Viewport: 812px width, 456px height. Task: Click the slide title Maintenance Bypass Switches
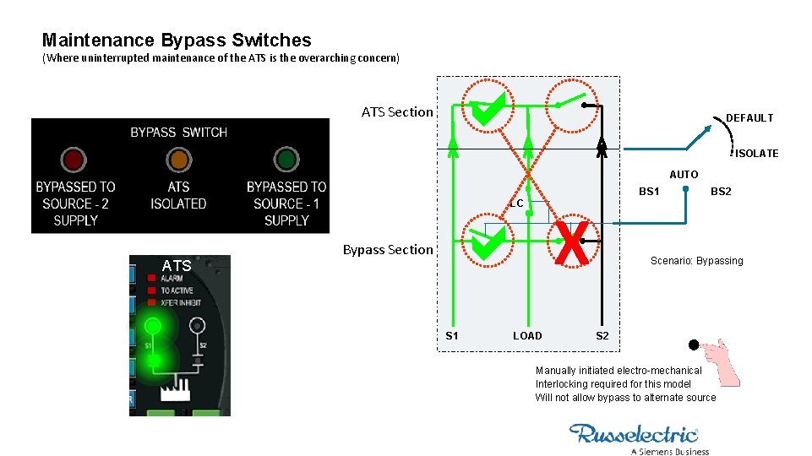tap(177, 41)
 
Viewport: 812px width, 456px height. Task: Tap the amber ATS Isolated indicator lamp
tap(178, 160)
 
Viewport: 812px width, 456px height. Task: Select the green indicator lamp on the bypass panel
tap(286, 160)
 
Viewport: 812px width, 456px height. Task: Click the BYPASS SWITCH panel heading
tap(178, 133)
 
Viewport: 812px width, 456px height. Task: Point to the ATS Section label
tap(397, 112)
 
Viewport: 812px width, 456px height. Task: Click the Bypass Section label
tap(388, 249)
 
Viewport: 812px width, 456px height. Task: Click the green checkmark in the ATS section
tap(488, 111)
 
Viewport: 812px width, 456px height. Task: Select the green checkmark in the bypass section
tap(488, 245)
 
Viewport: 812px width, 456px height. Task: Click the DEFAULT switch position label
tap(749, 118)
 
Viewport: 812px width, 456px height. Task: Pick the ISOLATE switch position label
tap(756, 154)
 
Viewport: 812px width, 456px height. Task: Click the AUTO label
tap(684, 175)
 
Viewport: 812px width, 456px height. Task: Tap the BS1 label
tap(649, 192)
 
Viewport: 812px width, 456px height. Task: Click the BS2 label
tap(721, 192)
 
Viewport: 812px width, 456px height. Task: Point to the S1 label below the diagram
tap(452, 336)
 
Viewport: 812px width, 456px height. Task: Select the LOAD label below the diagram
tap(527, 336)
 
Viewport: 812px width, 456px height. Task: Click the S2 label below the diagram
tap(602, 336)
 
